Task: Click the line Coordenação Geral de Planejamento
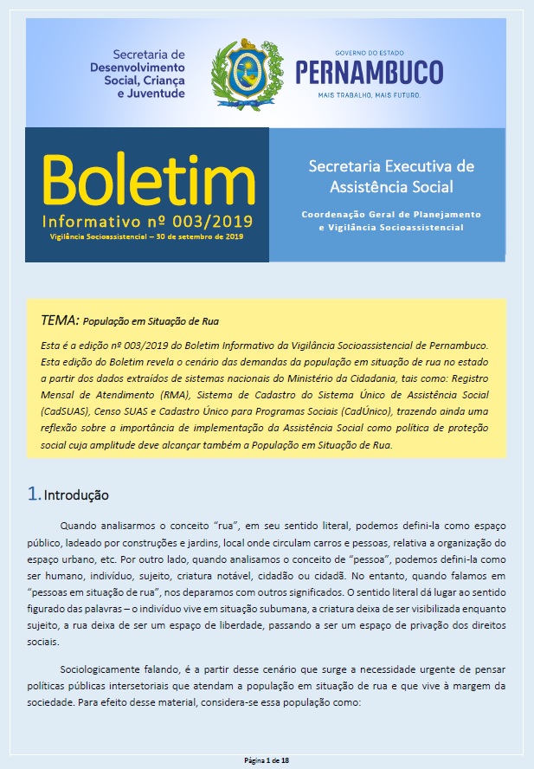(390, 213)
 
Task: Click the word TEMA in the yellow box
(60, 320)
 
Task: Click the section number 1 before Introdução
(34, 494)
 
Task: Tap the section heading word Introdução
(76, 496)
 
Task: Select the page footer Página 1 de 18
(267, 759)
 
